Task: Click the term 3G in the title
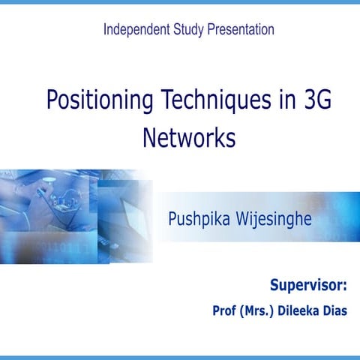[x=315, y=100]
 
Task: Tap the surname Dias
[x=336, y=310]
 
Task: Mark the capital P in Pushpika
[x=173, y=220]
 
